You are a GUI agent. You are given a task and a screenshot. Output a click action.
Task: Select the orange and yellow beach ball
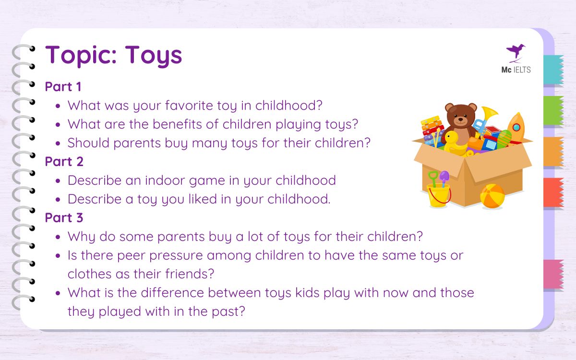coord(492,195)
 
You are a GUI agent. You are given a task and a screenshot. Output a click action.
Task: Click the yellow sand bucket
coord(438,195)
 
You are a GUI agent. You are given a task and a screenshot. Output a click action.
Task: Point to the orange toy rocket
coord(516,127)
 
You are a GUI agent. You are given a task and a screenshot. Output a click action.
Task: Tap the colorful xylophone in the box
coord(432,130)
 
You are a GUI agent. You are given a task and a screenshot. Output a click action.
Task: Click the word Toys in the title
coord(154,55)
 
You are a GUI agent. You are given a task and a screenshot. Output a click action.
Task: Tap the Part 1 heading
coord(63,87)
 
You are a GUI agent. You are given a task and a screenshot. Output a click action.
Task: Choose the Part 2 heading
coord(64,162)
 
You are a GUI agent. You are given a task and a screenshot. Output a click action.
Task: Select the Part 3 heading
coord(64,218)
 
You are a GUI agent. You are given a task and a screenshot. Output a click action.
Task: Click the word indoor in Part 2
coord(183,180)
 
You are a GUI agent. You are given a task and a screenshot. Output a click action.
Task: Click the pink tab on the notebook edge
coord(553,274)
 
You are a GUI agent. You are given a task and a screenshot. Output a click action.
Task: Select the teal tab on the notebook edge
coord(553,70)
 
